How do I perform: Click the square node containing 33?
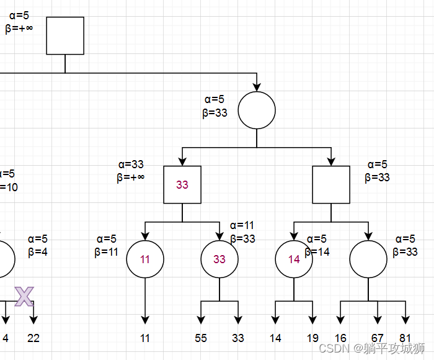[x=182, y=185]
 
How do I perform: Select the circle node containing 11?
[x=145, y=259]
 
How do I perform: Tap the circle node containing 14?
[x=294, y=259]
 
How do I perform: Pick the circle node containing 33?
[x=219, y=259]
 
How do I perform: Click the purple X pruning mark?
[x=24, y=297]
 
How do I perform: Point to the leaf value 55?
[x=201, y=338]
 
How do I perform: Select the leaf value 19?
[x=312, y=338]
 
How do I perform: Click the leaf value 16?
[x=340, y=338]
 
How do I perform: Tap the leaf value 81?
[x=405, y=338]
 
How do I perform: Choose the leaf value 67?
[x=378, y=338]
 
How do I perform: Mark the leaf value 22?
[x=33, y=338]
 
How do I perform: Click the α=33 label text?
[x=131, y=164]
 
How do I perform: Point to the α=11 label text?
[x=242, y=225]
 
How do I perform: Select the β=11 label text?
[x=106, y=252]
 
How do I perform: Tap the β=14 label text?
[x=317, y=252]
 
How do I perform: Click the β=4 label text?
[x=37, y=252]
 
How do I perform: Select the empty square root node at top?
[x=65, y=35]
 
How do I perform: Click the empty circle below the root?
[x=257, y=110]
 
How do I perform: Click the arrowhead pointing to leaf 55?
[x=201, y=320]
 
